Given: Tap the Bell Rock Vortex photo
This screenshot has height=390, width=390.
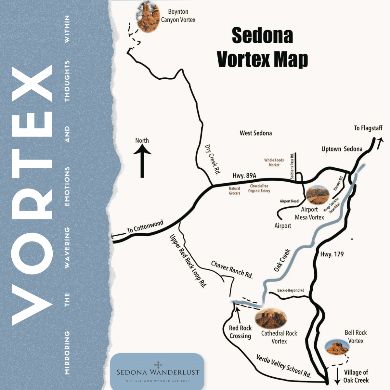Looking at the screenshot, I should tap(337, 347).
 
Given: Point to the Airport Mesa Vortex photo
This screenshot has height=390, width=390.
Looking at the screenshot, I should tap(317, 195).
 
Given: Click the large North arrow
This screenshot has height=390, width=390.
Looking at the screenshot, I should tap(142, 161).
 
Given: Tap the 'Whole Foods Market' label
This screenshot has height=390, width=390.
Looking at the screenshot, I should tap(274, 162).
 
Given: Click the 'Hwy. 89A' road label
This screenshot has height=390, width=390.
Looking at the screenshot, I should tap(244, 175).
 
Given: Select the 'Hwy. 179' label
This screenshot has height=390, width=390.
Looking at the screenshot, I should tap(332, 254).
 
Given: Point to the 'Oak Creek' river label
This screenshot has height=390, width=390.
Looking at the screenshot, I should tap(282, 260).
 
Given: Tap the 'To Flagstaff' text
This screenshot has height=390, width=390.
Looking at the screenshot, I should tap(368, 128).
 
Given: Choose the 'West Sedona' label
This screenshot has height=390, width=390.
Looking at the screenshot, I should tap(256, 133).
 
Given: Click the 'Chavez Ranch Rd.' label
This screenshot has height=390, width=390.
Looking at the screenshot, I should tap(232, 269).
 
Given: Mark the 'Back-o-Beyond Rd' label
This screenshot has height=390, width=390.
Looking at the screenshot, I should tap(291, 290).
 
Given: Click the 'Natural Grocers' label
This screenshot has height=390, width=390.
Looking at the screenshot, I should tap(234, 191).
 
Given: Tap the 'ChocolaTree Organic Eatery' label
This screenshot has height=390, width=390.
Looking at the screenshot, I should tap(259, 188).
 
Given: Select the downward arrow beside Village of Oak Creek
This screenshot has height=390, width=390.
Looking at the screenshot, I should tap(337, 376).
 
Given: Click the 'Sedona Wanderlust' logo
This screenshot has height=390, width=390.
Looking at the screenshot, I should tap(158, 372).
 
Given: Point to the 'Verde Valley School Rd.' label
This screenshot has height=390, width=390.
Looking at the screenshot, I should tap(283, 366).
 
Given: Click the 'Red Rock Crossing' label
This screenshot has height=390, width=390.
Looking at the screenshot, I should tap(240, 332).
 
